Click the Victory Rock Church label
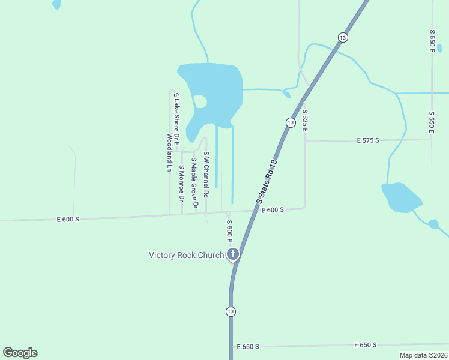coord(186,255)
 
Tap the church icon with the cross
coord(232,254)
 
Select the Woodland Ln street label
coord(169,152)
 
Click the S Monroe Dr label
coord(181,183)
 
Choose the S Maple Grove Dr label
coord(194,182)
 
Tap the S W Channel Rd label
coord(206,175)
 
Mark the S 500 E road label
coord(229,230)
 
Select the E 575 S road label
coord(368,140)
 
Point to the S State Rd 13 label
coord(268,179)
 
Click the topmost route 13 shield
coord(342,37)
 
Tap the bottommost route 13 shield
coord(231,311)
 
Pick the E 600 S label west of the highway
coord(68,220)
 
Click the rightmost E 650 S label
coord(366,345)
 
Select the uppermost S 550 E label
coord(432,40)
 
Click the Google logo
coord(20,353)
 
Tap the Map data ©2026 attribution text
coord(423,355)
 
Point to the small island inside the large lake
coord(200,101)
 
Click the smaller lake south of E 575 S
coord(401,197)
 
